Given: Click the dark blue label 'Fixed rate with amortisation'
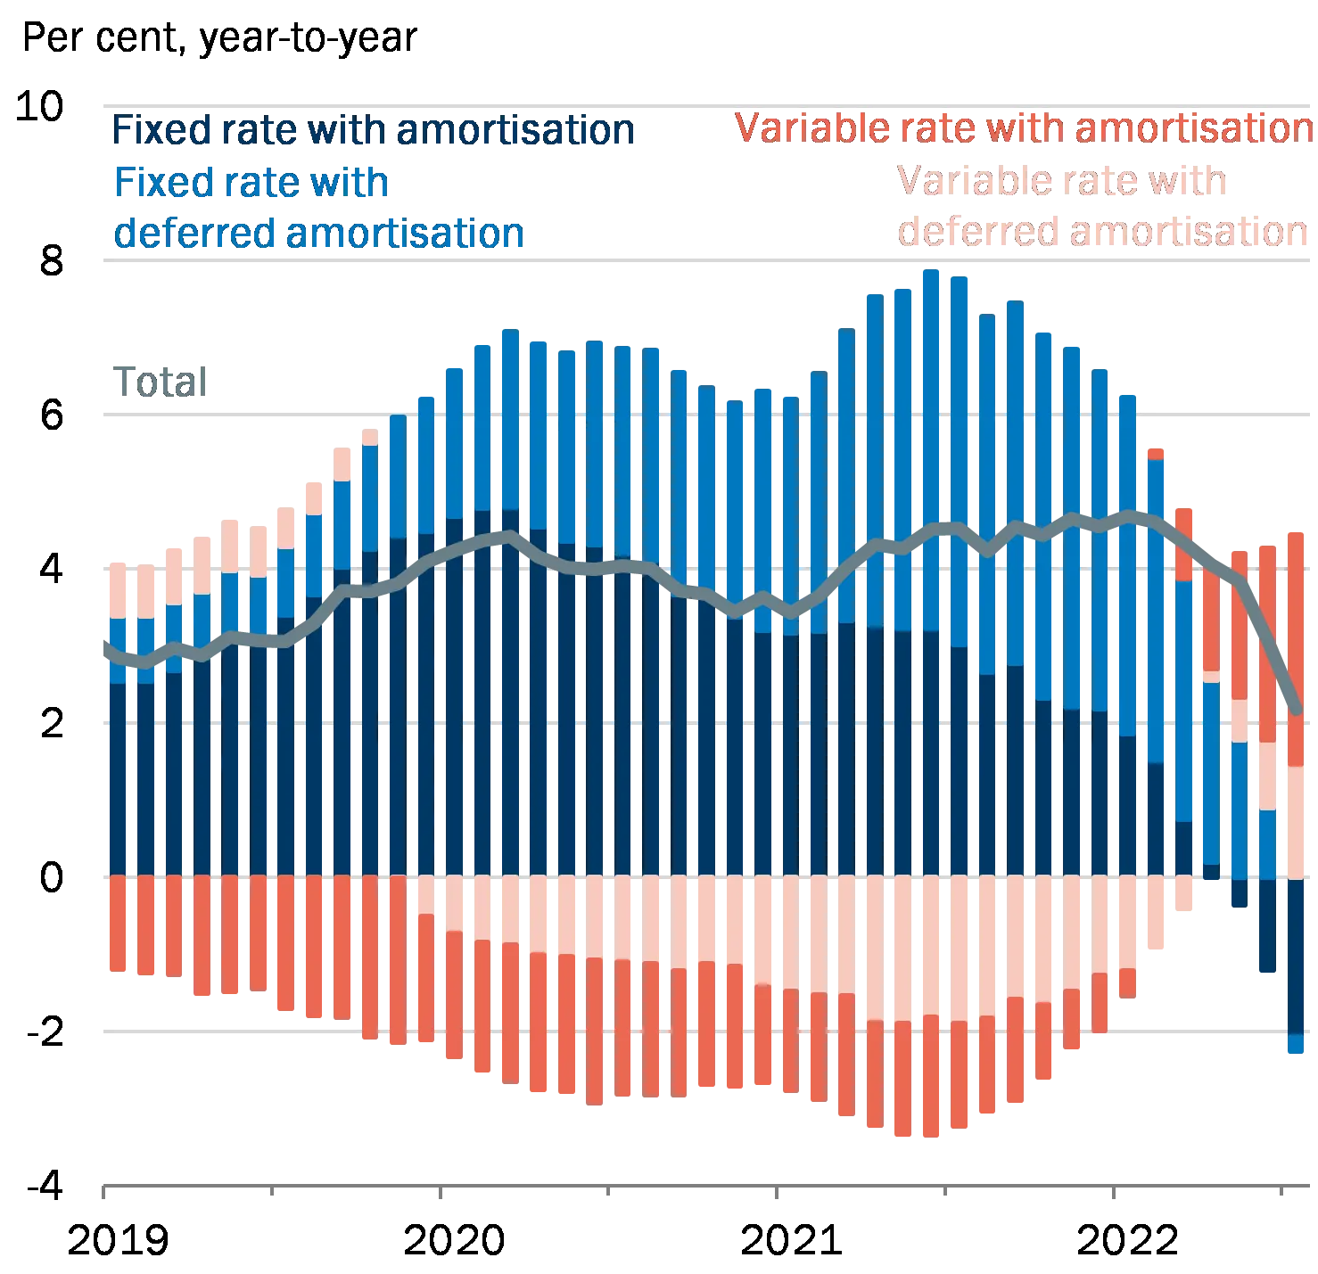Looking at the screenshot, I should [373, 132].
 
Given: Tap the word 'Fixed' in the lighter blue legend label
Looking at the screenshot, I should [152, 184].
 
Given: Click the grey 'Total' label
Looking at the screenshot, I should [161, 383].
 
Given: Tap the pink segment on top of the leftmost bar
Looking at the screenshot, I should [118, 588].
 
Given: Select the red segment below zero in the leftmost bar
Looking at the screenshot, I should [118, 925].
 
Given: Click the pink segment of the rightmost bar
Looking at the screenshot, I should [1295, 820].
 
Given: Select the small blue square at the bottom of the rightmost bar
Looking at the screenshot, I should [1295, 1044].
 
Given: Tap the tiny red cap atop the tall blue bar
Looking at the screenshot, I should [1156, 453].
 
